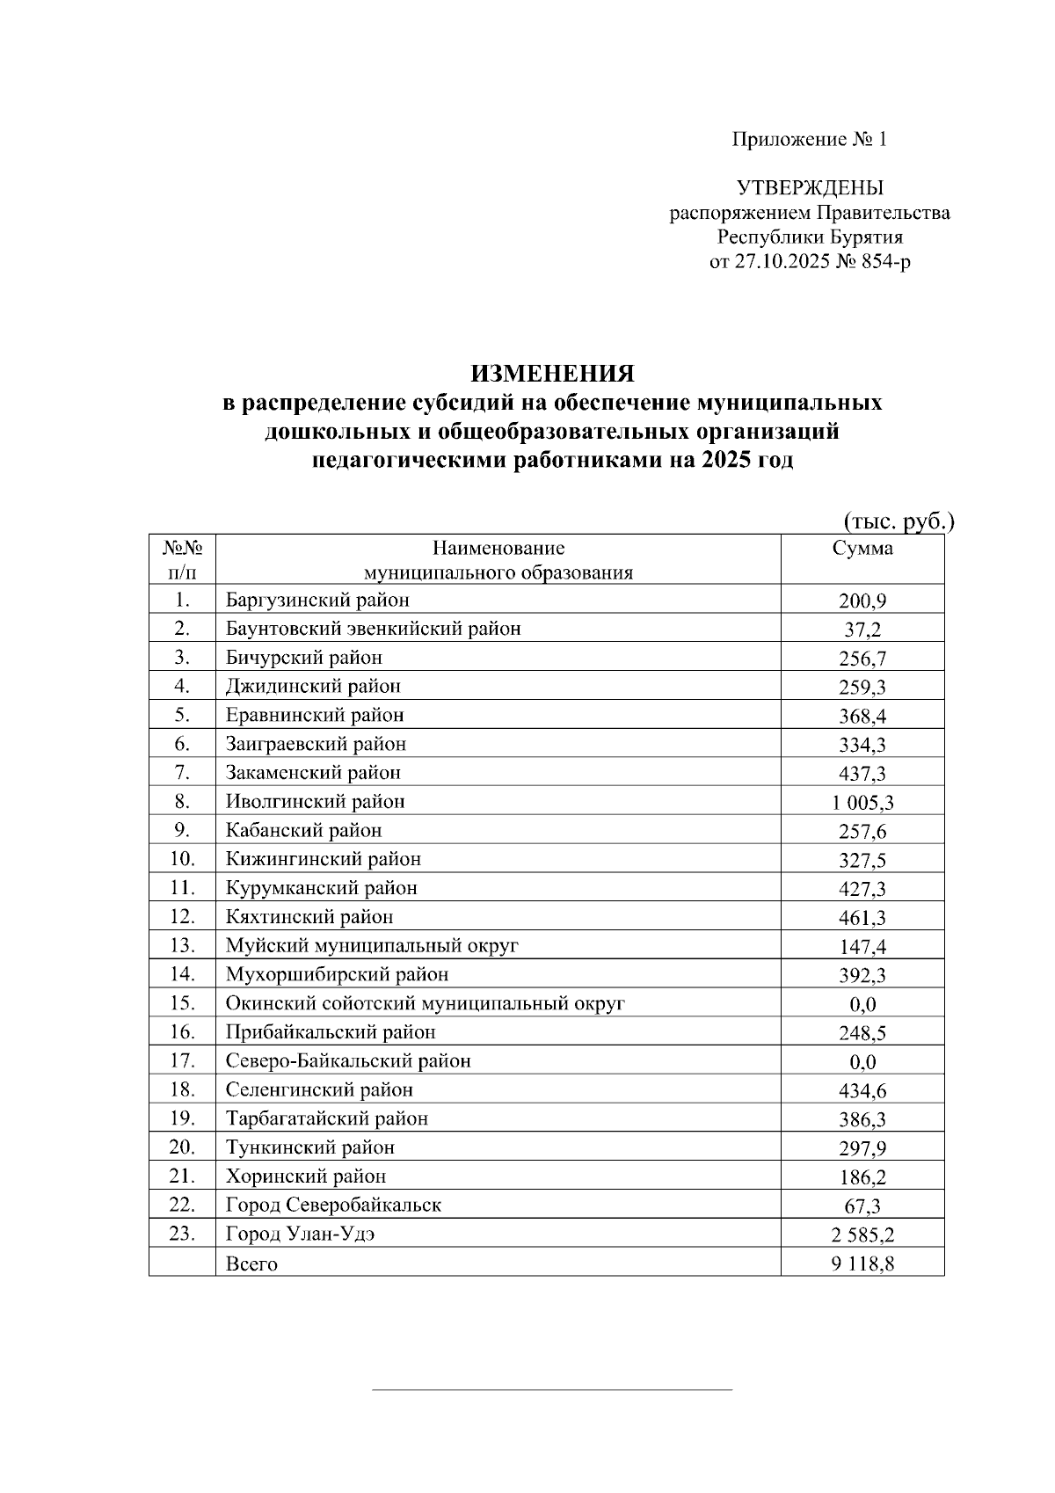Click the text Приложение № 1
(x=809, y=140)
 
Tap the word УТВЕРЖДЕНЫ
(x=809, y=188)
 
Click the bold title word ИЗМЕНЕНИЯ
(x=552, y=375)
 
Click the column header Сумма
(x=862, y=549)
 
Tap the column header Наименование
(x=498, y=549)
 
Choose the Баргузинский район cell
(x=317, y=601)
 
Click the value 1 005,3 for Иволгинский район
(x=862, y=802)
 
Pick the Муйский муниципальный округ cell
(x=372, y=946)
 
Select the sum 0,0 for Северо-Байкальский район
(x=862, y=1062)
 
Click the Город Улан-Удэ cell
(x=300, y=1234)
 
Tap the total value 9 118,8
(x=862, y=1264)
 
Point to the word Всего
(x=251, y=1264)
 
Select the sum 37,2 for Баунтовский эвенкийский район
(x=862, y=630)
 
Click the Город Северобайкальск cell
(x=333, y=1205)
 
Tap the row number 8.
(x=182, y=802)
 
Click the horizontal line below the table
(x=552, y=1390)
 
